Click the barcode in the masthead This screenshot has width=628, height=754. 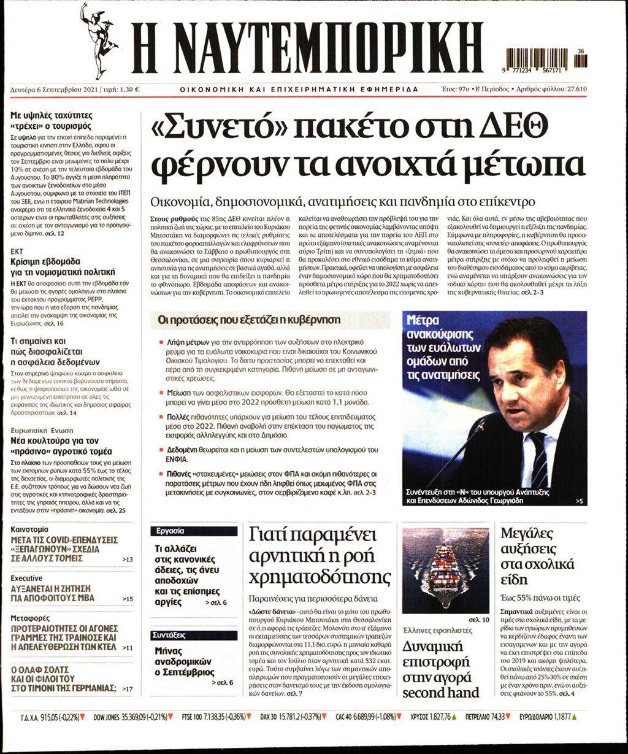click(x=543, y=60)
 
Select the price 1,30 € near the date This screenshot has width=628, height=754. click(x=129, y=89)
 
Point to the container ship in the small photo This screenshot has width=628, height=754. click(x=445, y=571)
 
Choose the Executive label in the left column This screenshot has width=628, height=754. click(x=26, y=578)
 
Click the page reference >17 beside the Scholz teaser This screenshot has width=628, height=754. click(x=127, y=689)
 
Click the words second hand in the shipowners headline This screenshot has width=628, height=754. click(x=440, y=693)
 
